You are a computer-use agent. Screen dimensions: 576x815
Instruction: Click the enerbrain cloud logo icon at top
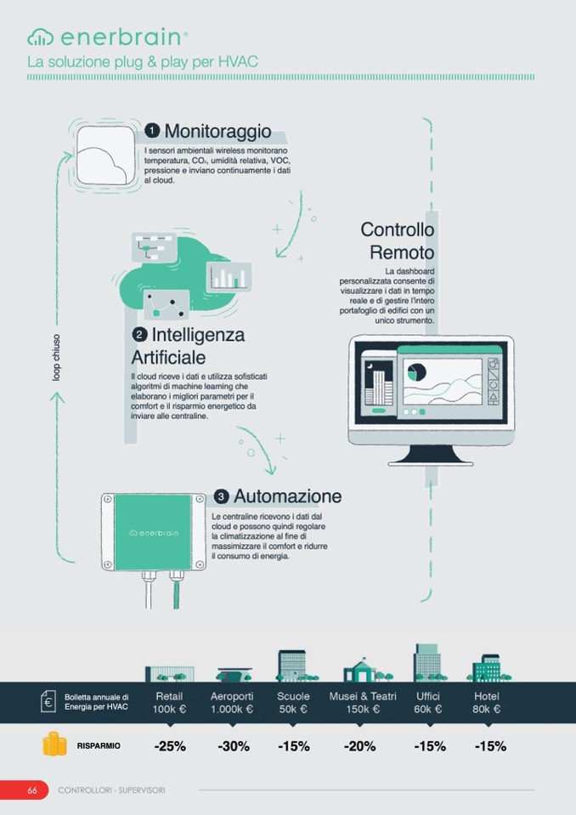click(41, 37)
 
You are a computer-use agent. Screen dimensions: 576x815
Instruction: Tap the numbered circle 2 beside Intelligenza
click(139, 334)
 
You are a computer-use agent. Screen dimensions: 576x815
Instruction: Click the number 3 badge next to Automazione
click(221, 496)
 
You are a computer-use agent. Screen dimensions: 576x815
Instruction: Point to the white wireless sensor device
click(105, 156)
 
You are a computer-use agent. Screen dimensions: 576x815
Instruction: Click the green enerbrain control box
click(154, 532)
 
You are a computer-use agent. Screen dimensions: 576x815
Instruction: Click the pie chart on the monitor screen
click(416, 372)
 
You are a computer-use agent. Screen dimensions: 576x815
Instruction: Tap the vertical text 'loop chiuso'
click(56, 357)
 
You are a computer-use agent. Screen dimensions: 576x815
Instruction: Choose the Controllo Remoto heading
click(398, 241)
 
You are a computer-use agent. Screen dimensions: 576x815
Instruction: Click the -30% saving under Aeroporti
click(234, 746)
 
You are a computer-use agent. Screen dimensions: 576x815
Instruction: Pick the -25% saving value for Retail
click(170, 746)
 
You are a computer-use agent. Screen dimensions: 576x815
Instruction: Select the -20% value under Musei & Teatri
click(359, 746)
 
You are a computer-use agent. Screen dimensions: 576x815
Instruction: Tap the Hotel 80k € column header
click(487, 702)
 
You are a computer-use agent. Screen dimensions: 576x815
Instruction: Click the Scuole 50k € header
click(293, 702)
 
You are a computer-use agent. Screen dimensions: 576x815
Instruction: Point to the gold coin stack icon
click(54, 744)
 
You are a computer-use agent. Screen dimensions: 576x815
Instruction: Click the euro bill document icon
click(48, 701)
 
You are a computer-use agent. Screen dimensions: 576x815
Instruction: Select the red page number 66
click(32, 790)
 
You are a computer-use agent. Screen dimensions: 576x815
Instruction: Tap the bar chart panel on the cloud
click(229, 276)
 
